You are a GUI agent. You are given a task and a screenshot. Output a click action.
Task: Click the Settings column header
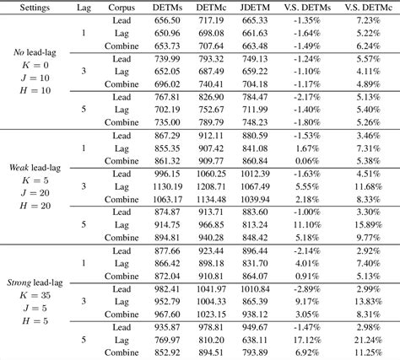coord(35,8)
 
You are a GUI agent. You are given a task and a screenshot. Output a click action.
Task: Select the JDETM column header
coord(255,8)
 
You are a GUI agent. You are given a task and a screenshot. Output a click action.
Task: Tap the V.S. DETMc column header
coord(368,8)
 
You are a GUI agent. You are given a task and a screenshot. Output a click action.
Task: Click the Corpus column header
coord(122,8)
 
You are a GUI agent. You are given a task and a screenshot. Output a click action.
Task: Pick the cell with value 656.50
coord(167,20)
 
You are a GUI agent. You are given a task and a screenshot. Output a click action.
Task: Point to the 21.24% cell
coord(368,340)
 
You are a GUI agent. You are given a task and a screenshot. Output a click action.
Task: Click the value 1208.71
coord(211,186)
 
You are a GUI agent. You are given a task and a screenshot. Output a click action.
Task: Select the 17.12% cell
coord(307,340)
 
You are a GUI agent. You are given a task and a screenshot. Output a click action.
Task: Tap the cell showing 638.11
coord(255,340)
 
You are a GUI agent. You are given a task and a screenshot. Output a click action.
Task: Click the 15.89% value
coord(368,225)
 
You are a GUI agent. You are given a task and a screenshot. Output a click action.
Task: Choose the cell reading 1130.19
coord(167,186)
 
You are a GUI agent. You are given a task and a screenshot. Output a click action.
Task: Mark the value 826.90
coord(211,97)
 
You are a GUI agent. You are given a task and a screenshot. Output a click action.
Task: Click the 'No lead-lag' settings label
coord(35,52)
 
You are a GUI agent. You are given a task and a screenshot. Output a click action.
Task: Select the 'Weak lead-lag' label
coord(35,168)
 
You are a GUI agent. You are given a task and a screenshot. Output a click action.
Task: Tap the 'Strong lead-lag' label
coord(35,282)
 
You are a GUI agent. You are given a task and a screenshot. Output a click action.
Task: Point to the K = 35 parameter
coord(35,295)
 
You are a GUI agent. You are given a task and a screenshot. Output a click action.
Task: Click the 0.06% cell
coord(307,161)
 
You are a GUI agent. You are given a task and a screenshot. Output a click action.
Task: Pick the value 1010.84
coord(255,289)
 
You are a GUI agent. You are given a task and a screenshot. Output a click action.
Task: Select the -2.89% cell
coord(307,289)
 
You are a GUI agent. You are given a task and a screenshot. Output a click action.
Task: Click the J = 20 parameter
coord(35,193)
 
